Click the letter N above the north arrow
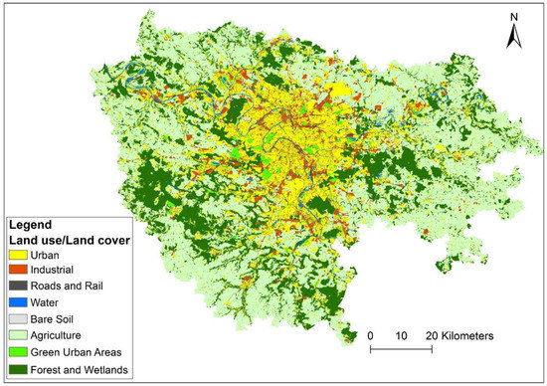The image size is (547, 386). pyautogui.click(x=513, y=17)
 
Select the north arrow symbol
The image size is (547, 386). pyautogui.click(x=513, y=38)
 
